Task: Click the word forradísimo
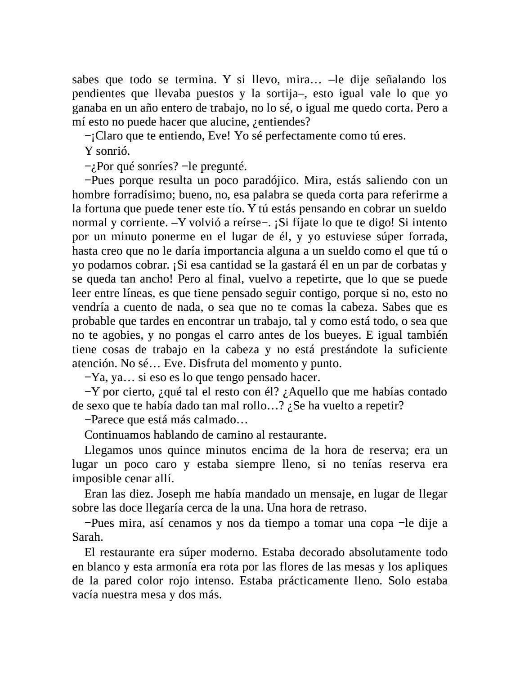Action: pyautogui.click(x=137, y=195)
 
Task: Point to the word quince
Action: pyautogui.click(x=184, y=450)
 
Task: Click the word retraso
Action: pyautogui.click(x=349, y=508)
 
